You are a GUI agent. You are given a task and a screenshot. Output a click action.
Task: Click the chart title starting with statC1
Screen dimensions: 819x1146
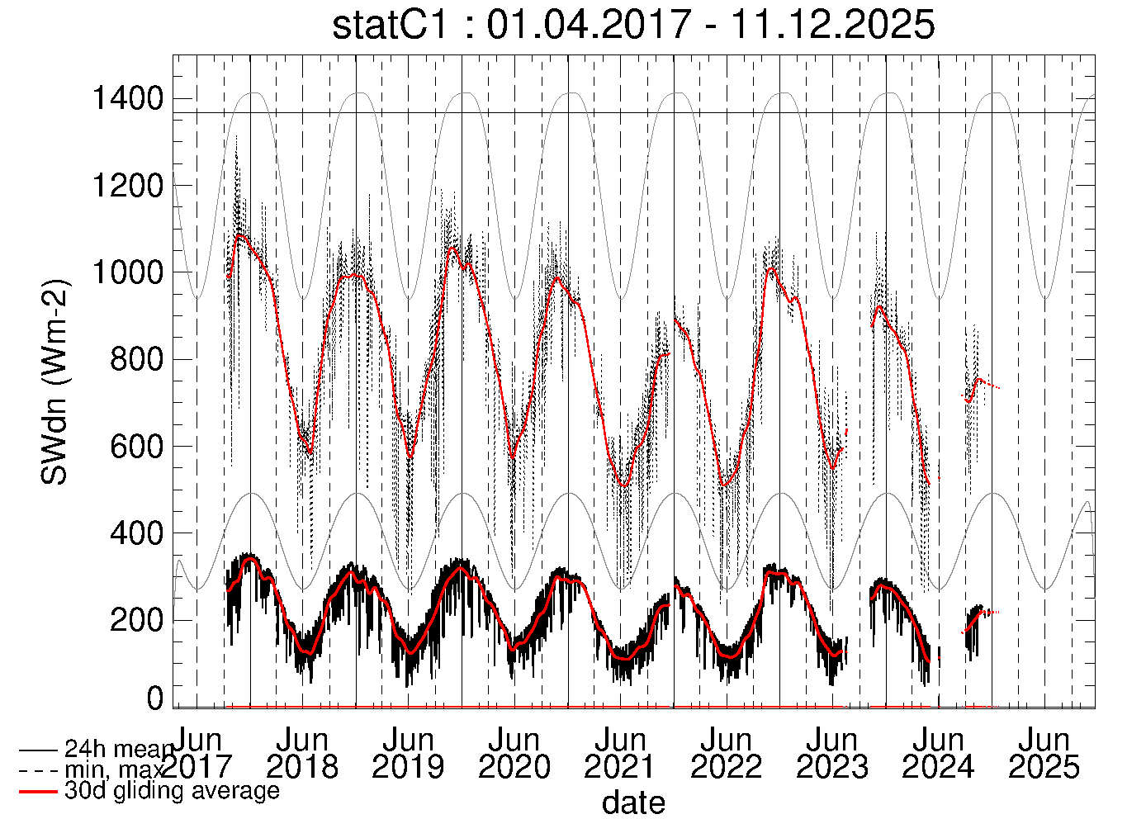pos(633,25)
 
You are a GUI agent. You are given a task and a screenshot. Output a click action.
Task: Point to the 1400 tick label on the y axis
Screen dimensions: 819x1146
pos(127,99)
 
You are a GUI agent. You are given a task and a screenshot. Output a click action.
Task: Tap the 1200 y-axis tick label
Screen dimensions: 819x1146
pos(127,186)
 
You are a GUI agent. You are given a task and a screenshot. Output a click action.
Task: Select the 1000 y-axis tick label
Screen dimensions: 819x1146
pos(127,272)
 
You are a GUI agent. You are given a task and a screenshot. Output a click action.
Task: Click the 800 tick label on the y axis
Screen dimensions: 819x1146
pos(136,359)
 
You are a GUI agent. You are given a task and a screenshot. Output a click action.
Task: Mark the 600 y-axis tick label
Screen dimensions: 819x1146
pos(136,447)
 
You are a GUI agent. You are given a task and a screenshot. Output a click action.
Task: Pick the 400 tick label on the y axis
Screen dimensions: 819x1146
pos(136,533)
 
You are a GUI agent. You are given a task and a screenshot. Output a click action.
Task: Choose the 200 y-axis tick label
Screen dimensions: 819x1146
pos(136,620)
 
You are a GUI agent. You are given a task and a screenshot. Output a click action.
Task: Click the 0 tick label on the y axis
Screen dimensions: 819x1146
pos(155,699)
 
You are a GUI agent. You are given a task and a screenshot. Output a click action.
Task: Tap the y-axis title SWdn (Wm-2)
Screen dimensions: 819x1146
pos(56,381)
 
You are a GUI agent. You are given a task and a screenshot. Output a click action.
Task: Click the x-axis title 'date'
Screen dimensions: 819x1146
pos(633,802)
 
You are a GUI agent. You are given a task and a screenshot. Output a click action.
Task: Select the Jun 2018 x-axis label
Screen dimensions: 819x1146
pos(302,753)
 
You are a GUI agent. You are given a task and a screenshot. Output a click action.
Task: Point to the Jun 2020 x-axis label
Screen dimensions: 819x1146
pos(514,753)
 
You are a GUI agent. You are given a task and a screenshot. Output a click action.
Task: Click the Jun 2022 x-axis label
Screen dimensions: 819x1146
pos(726,753)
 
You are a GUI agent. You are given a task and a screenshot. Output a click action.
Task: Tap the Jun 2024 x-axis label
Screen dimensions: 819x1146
pos(938,753)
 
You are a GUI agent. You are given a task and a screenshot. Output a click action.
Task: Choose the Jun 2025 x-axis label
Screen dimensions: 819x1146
pos(1044,753)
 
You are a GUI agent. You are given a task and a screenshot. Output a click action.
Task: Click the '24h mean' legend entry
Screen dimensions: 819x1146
pos(119,750)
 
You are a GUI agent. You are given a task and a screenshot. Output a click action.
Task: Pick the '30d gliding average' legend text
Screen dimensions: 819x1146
pos(172,791)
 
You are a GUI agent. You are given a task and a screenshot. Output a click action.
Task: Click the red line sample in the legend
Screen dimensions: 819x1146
pos(38,792)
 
